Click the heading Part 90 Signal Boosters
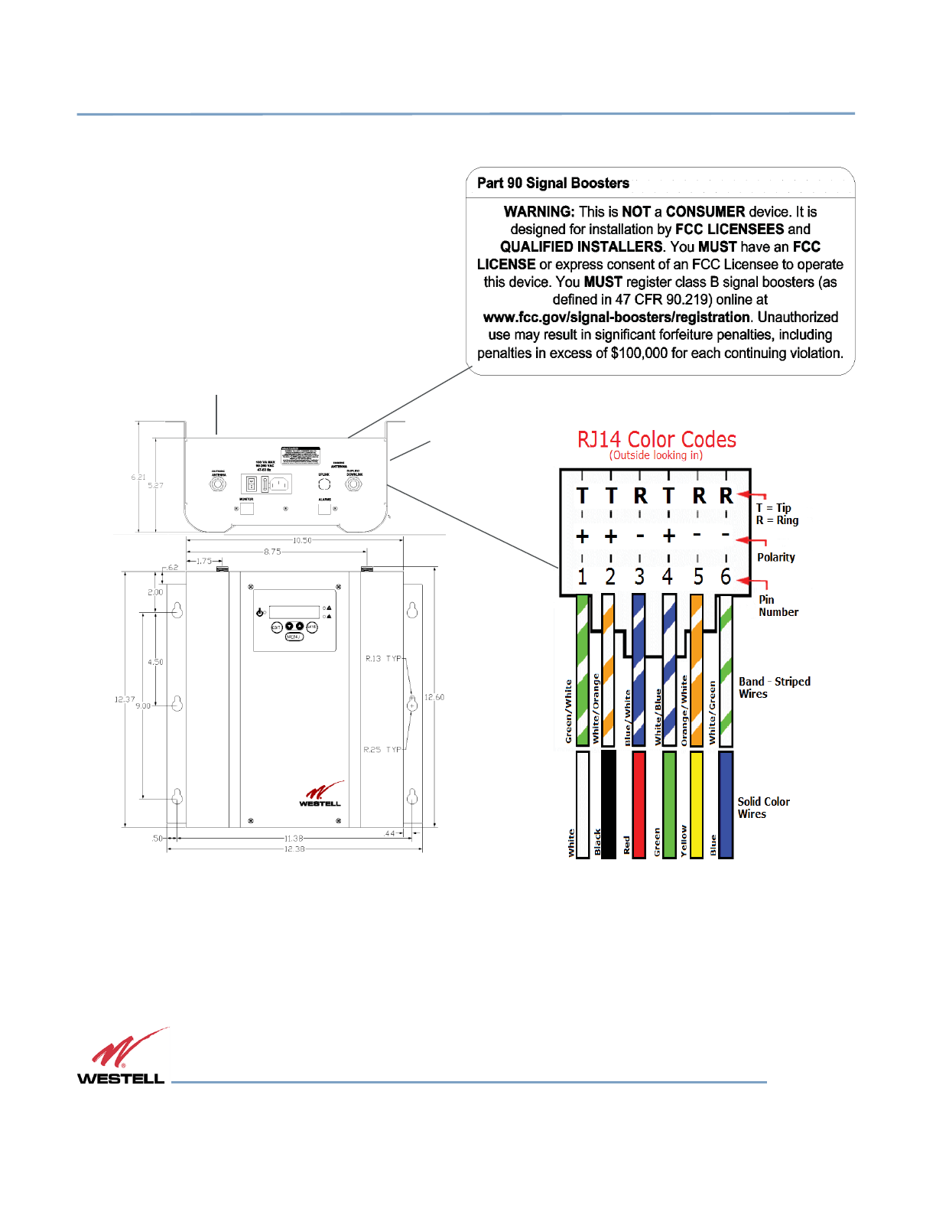point(553,184)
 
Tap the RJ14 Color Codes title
point(656,440)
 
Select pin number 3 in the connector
point(639,577)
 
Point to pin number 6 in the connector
point(726,577)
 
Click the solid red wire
point(639,803)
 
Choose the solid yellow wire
point(697,803)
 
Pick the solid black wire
point(609,803)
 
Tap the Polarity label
point(775,558)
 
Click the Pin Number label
point(778,606)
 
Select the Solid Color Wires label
point(763,808)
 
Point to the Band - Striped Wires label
point(774,687)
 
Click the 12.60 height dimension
point(434,697)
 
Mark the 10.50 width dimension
point(303,540)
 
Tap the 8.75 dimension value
point(272,552)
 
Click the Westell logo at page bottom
point(122,1057)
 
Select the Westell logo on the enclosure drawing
point(320,795)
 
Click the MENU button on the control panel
point(294,637)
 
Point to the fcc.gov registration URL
point(616,318)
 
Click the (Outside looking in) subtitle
point(656,455)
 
